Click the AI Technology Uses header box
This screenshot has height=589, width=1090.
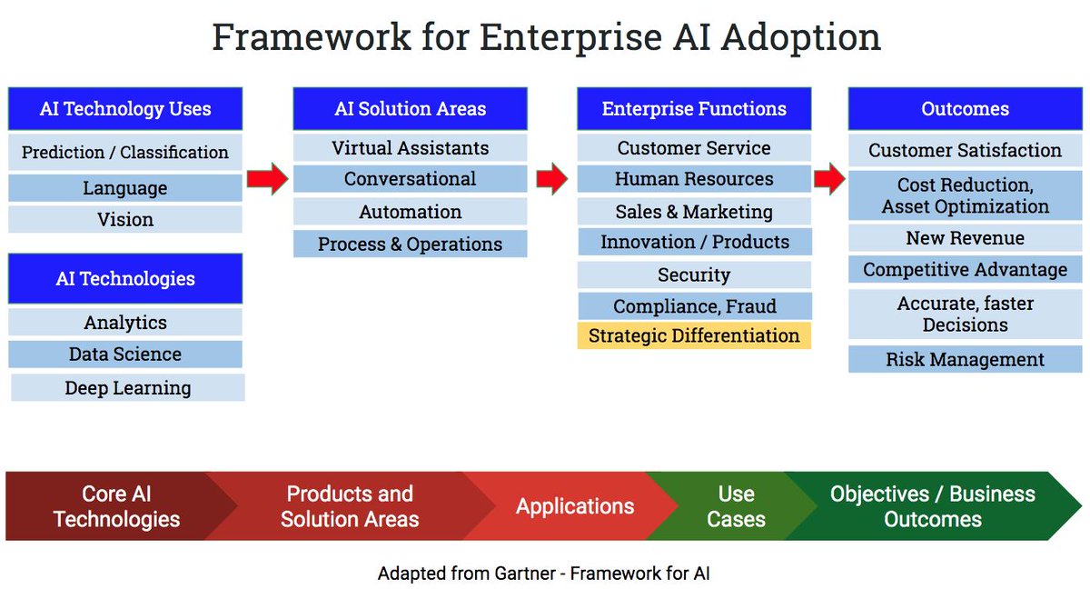point(125,109)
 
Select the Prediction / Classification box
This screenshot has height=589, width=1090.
point(125,152)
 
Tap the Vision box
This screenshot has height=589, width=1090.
point(125,219)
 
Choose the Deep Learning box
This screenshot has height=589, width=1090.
point(128,387)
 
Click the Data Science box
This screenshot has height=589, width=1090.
point(125,354)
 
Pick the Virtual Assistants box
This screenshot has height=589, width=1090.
point(410,148)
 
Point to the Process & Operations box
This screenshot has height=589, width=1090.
point(410,244)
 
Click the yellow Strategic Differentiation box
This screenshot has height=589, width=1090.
point(694,335)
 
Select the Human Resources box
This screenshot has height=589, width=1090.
point(694,179)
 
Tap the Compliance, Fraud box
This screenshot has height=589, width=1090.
point(694,306)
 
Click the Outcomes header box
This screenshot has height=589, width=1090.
point(965,109)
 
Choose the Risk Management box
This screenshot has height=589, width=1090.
point(965,359)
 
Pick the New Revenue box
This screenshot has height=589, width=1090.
point(965,238)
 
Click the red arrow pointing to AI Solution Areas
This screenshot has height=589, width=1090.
point(267,178)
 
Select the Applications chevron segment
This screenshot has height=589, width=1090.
point(575,506)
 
